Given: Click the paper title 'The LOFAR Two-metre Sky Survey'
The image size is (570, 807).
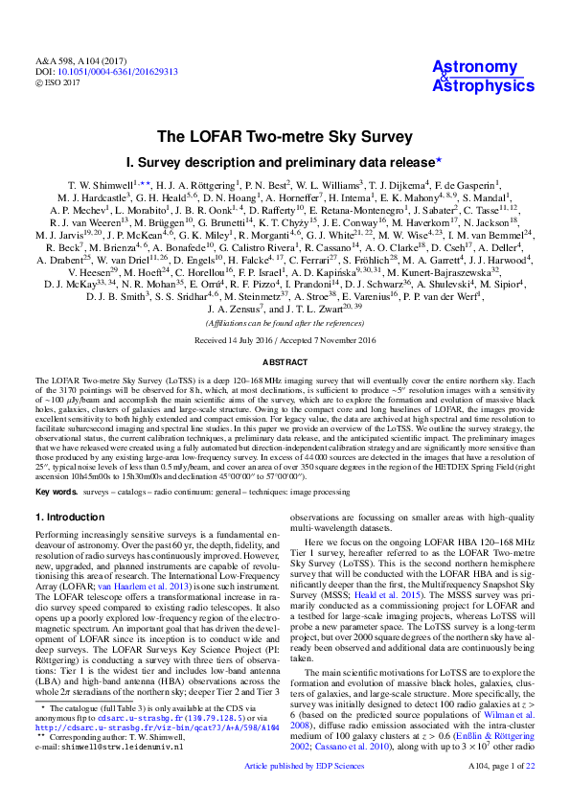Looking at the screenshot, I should (x=285, y=136).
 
